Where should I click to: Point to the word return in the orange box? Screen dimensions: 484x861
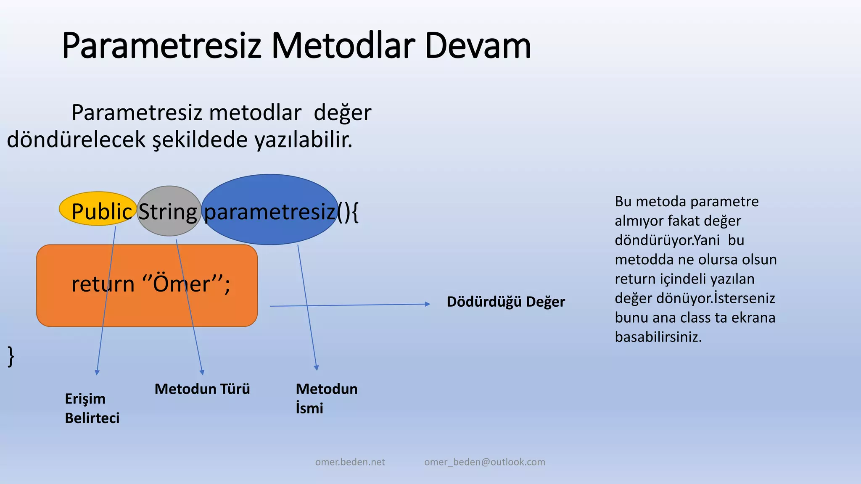[x=103, y=284]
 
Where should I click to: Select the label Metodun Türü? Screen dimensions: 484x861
[x=202, y=389]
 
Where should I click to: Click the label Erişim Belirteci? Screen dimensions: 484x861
[x=92, y=408]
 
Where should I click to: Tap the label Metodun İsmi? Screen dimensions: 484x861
[x=326, y=398]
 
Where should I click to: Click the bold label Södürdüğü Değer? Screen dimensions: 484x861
[x=505, y=302]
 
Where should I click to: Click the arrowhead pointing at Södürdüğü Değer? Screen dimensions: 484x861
[x=428, y=304]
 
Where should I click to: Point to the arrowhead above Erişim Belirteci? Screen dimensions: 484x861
[x=97, y=372]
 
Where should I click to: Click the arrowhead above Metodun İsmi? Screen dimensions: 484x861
[x=316, y=368]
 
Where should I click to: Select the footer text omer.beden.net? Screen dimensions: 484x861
[x=350, y=462]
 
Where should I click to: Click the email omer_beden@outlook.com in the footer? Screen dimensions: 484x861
[x=484, y=462]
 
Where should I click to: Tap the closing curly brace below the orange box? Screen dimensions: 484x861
[x=11, y=357]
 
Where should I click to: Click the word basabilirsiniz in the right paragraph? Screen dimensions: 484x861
[x=658, y=337]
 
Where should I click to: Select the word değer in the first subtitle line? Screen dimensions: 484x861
[x=342, y=113]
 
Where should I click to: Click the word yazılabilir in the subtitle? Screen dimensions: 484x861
[x=303, y=140]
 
